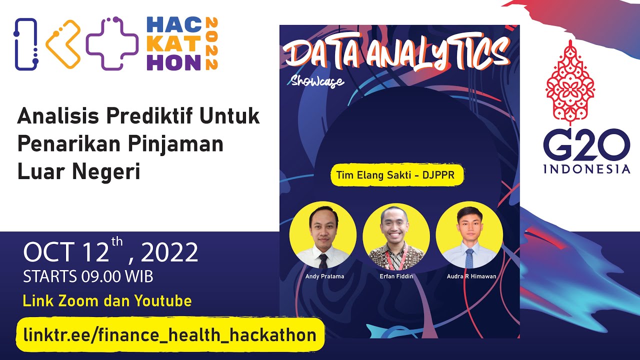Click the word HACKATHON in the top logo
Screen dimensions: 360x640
point(174,43)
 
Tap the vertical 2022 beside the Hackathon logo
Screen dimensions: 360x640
point(211,43)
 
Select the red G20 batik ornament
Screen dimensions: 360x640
point(570,82)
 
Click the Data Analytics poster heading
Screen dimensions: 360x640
point(397,54)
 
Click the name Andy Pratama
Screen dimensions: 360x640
point(324,276)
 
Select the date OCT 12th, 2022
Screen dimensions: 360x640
point(111,253)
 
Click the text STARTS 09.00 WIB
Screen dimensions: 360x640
point(88,276)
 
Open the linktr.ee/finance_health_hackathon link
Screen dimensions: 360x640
point(170,334)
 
